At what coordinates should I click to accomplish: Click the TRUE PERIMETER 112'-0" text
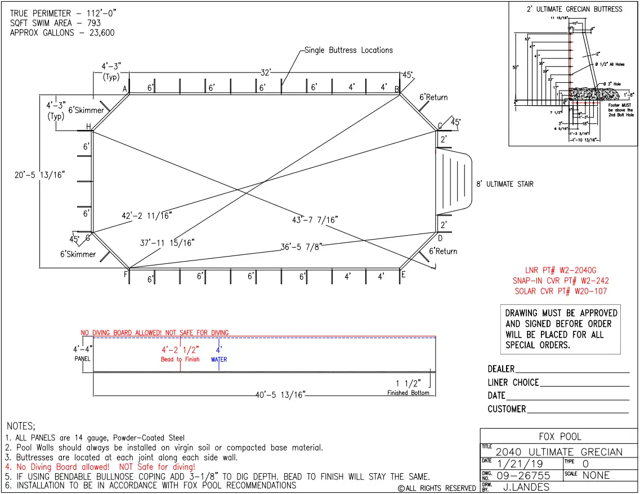click(56, 13)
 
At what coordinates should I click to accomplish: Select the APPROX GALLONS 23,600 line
click(62, 33)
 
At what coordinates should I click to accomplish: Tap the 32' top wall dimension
click(266, 73)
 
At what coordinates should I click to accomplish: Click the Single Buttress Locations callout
click(348, 50)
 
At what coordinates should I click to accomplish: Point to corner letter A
click(125, 89)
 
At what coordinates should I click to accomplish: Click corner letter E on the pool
click(403, 275)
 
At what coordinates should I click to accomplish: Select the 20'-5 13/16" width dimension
click(39, 175)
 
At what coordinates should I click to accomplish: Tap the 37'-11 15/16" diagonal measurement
click(167, 242)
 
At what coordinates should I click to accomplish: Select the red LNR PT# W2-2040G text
click(561, 270)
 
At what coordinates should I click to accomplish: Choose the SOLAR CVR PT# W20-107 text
click(561, 291)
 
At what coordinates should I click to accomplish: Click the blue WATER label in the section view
click(219, 360)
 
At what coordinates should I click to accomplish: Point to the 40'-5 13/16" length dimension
click(280, 395)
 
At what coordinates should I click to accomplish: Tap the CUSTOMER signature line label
click(507, 409)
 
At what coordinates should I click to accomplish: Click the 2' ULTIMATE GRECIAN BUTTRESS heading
click(574, 9)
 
